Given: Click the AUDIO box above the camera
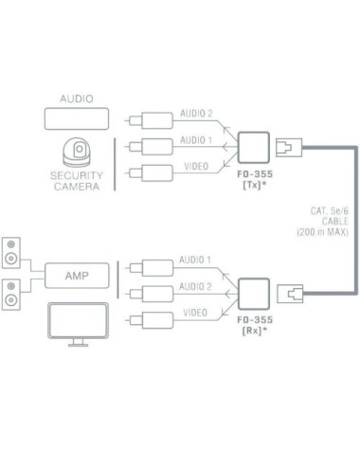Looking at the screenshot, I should (x=77, y=118).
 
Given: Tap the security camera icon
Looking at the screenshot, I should (x=77, y=153).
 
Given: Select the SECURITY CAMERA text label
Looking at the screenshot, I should (x=77, y=180).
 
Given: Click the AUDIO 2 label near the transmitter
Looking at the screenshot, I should (x=195, y=115).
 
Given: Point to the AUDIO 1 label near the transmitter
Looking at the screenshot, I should (x=195, y=140).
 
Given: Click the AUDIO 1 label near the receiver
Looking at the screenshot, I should (x=195, y=260).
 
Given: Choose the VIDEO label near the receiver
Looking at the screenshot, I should (x=195, y=312).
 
